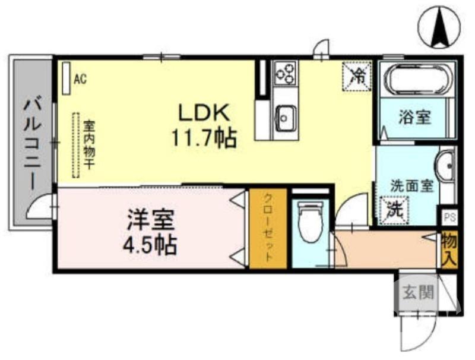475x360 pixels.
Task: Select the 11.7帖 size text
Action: [x=204, y=138]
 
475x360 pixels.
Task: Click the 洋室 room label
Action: [x=150, y=220]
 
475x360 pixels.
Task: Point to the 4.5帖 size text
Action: [x=150, y=244]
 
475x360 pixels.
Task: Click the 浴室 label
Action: [x=414, y=117]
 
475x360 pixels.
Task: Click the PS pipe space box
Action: [x=448, y=216]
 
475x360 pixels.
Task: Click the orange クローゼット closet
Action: [x=268, y=228]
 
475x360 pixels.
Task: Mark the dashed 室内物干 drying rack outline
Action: [x=75, y=146]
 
